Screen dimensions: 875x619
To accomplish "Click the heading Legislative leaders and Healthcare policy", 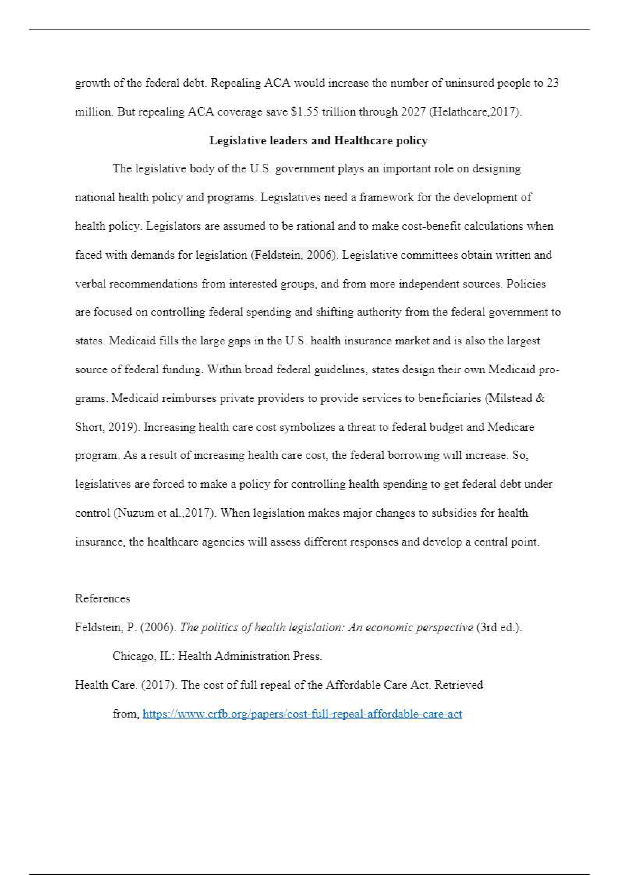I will click(x=318, y=141).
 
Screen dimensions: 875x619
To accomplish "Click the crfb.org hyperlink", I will click(x=302, y=714).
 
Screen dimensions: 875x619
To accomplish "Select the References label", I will click(x=102, y=599).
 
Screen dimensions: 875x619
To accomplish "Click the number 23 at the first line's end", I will click(x=553, y=83).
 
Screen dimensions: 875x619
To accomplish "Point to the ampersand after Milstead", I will click(x=540, y=398).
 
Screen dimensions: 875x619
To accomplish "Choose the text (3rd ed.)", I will click(x=499, y=628).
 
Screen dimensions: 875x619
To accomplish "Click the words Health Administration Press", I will click(x=250, y=656).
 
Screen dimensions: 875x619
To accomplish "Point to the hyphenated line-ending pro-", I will click(x=551, y=370).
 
